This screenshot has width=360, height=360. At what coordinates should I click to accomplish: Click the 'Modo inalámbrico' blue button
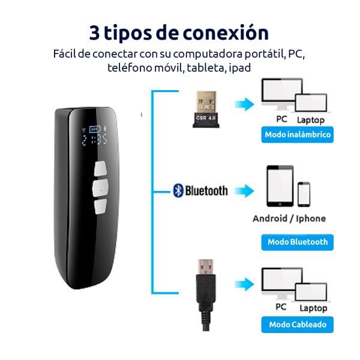[298, 134]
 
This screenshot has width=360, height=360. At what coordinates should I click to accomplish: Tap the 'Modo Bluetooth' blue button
[298, 242]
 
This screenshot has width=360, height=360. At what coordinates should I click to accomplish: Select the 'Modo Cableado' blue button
[298, 325]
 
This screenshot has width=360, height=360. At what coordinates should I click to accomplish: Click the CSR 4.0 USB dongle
[206, 109]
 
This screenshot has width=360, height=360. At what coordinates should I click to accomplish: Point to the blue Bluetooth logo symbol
[178, 191]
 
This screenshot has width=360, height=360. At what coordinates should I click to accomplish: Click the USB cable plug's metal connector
[206, 267]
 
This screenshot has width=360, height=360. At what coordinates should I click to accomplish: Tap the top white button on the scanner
[100, 169]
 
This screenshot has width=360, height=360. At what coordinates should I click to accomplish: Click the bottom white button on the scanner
[101, 206]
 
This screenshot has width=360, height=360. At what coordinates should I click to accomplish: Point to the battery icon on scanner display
[95, 129]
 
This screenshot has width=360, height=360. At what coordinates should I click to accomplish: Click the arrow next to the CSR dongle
[244, 104]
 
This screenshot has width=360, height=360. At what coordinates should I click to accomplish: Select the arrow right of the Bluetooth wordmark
[244, 191]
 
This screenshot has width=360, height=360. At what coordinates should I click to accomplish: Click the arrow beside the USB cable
[244, 284]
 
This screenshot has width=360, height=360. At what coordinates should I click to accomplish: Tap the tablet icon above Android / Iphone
[280, 186]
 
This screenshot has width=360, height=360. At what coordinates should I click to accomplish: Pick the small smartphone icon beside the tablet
[304, 194]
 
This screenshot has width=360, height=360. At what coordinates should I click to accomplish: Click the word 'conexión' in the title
[226, 33]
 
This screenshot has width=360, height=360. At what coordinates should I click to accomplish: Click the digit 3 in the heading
[94, 33]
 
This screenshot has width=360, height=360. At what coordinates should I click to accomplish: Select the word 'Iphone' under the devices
[311, 218]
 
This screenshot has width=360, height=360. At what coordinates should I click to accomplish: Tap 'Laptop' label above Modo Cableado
[313, 308]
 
